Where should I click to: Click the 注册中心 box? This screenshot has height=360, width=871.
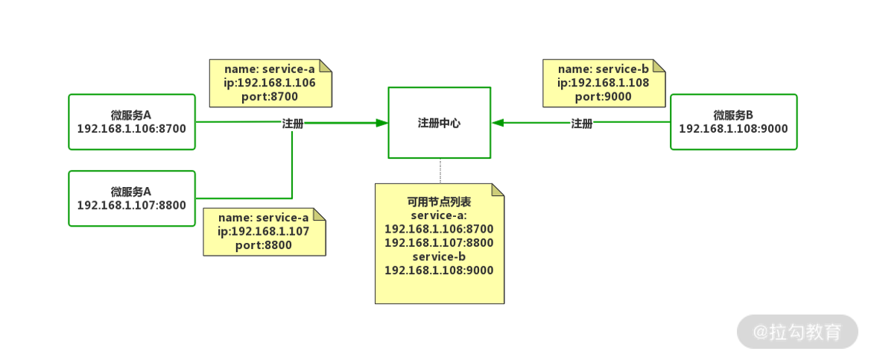coord(439,123)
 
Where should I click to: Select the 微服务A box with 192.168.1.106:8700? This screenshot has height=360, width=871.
coord(132,121)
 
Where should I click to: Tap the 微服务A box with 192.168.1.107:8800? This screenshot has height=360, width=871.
coord(132,198)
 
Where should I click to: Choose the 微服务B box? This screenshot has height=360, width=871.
coord(733,121)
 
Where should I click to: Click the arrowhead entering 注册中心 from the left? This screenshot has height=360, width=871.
coord(382,123)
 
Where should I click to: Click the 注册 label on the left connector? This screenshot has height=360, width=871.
coord(293,124)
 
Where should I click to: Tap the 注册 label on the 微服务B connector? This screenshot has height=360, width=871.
coord(582,124)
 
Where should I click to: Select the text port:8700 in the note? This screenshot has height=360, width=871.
coord(270,96)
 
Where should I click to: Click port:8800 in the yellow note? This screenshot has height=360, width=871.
coord(263,244)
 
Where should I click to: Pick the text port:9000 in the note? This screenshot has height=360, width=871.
coord(604,96)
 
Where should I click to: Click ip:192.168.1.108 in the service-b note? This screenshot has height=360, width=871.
coord(604,83)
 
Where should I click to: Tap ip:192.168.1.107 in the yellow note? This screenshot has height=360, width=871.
coord(263,231)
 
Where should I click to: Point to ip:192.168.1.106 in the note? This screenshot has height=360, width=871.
coord(270,83)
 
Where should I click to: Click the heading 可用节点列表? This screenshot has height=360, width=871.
coord(439,202)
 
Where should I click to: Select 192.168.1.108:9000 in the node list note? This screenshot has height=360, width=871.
coord(439,270)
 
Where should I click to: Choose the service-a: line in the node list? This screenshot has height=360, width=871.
coord(439,215)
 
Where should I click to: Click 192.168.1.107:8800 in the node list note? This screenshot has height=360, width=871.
coord(439,243)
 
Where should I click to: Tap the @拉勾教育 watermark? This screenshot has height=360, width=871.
coord(796,332)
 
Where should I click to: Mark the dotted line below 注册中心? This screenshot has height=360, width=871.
coord(440,171)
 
